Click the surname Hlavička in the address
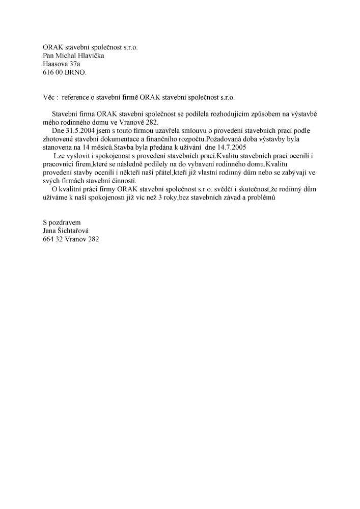[90, 55]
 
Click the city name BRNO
[76, 73]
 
